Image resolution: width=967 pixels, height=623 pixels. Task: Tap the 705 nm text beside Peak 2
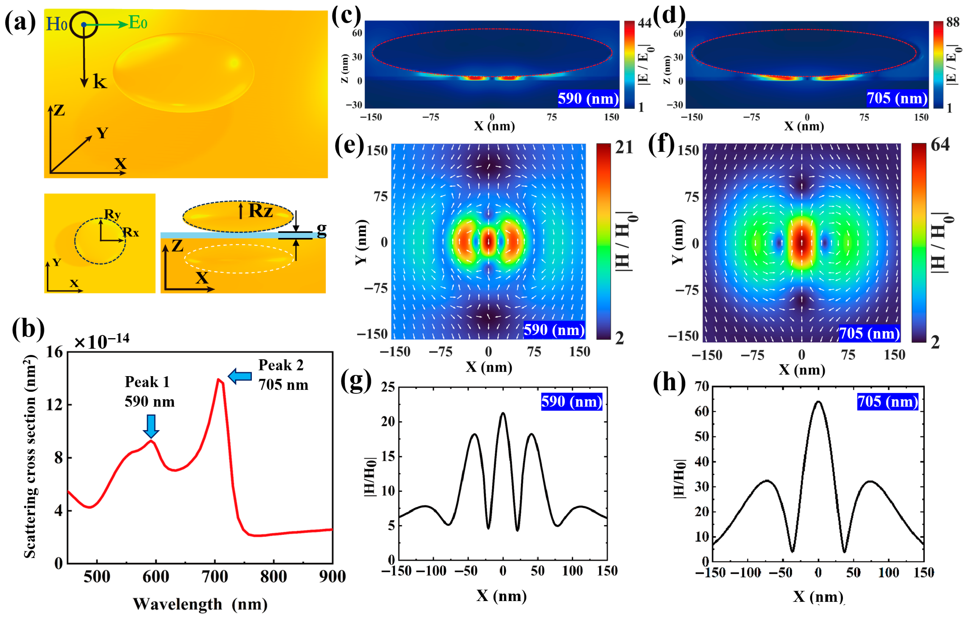tap(283, 385)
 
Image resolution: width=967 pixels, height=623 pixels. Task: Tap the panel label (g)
tap(355, 381)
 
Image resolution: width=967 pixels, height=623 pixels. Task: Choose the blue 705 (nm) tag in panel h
tap(887, 402)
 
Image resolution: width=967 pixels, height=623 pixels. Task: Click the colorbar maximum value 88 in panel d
tap(953, 23)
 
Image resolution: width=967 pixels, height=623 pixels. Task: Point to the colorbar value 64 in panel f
tap(940, 144)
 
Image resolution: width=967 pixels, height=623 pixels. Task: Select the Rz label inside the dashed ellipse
tap(260, 211)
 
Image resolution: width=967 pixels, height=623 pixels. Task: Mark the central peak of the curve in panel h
tap(818, 402)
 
